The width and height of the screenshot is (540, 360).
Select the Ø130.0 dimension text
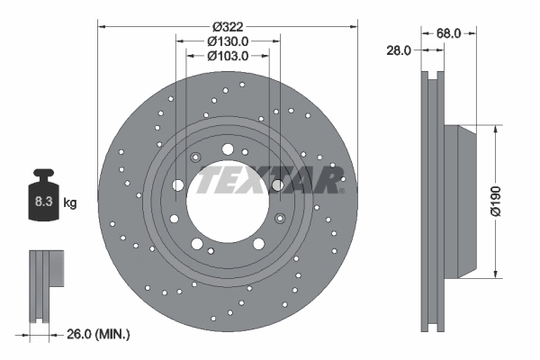click(227, 40)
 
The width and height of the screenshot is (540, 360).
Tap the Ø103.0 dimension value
click(227, 56)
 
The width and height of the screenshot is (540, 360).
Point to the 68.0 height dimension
click(450, 33)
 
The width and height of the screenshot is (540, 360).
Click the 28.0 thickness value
click(397, 51)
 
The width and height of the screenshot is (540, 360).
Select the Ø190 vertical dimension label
click(510, 202)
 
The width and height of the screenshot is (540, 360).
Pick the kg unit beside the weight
click(69, 203)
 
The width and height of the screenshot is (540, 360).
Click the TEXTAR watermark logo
click(270, 179)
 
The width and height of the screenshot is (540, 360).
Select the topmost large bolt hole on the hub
click(226, 149)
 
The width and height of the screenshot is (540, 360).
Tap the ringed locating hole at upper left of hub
click(195, 158)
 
